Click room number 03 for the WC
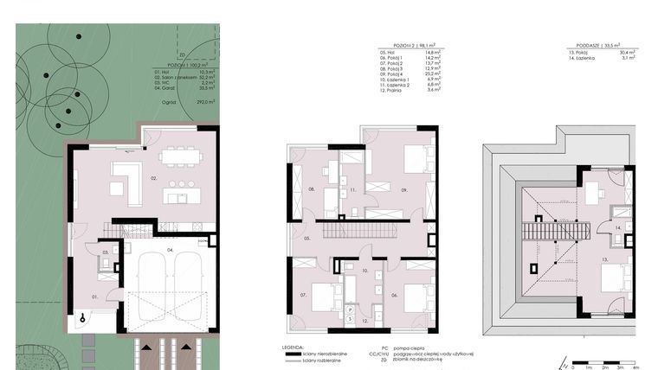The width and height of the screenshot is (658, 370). [105, 252]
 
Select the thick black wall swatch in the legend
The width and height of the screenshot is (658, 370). [298, 354]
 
